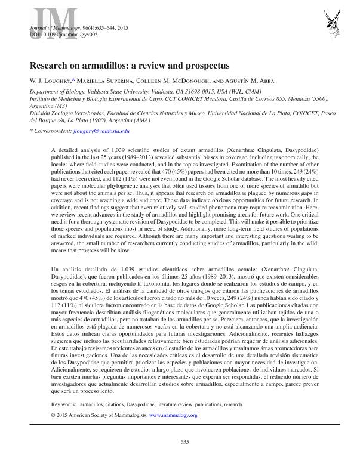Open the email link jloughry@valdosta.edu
pyautogui.click(x=104, y=130)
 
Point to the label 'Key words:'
pyautogui.click(x=64, y=404)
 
